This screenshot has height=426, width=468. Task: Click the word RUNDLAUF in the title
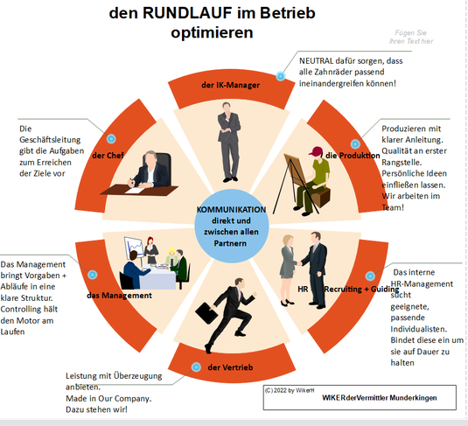(x=187, y=13)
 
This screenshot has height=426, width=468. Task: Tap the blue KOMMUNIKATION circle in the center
(x=231, y=226)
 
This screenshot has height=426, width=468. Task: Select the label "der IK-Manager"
(x=230, y=85)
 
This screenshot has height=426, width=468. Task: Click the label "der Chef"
(x=108, y=156)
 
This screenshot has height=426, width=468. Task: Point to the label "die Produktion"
(x=353, y=156)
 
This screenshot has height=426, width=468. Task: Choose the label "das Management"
(x=119, y=296)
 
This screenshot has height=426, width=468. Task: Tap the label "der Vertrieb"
(x=230, y=367)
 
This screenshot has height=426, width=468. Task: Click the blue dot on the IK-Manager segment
(x=280, y=76)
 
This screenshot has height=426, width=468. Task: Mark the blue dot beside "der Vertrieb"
(x=196, y=367)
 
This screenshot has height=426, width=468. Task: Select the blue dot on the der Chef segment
(x=111, y=138)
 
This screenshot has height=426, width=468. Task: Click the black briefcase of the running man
(x=206, y=313)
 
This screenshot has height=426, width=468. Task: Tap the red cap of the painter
(x=316, y=151)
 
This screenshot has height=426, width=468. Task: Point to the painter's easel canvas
(x=296, y=170)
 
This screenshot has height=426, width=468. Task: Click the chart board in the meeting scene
(x=134, y=248)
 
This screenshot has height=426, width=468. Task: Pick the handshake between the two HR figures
(x=298, y=263)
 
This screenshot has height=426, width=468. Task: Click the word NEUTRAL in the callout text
(x=316, y=61)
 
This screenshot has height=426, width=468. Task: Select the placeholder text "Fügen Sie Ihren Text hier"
(x=411, y=37)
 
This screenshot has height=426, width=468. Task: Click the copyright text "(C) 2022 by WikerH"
(x=290, y=390)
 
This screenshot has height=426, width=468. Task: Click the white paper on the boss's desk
(x=136, y=190)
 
